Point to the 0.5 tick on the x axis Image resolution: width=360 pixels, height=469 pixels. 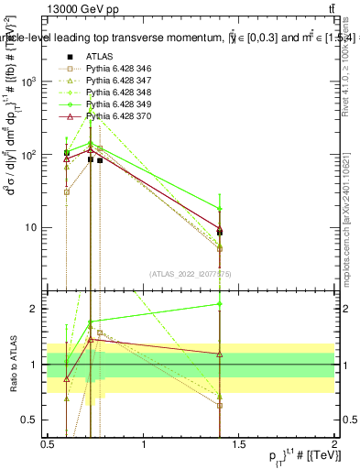(x=48, y=445)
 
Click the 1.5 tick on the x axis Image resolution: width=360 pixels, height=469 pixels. (x=240, y=445)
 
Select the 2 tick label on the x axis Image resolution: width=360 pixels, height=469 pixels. (x=335, y=445)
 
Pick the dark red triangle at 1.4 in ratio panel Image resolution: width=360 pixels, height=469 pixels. (x=220, y=354)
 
